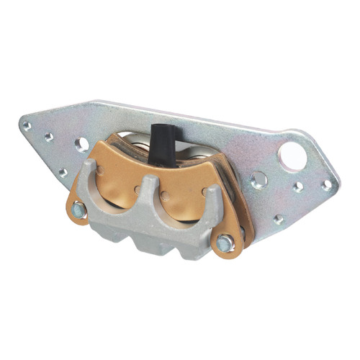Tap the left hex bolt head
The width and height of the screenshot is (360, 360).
click(79, 211)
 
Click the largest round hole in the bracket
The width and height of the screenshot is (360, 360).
click(293, 156)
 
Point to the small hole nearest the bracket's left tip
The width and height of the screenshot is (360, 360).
click(27, 125)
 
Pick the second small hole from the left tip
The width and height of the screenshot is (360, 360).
click(49, 137)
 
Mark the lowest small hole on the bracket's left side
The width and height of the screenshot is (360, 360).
click(63, 172)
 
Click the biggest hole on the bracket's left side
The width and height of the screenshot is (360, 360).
click(82, 144)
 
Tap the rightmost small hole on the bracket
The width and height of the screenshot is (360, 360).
click(327, 185)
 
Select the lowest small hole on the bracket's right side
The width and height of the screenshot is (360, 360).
click(278, 219)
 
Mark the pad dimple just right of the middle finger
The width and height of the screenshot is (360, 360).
click(167, 197)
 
